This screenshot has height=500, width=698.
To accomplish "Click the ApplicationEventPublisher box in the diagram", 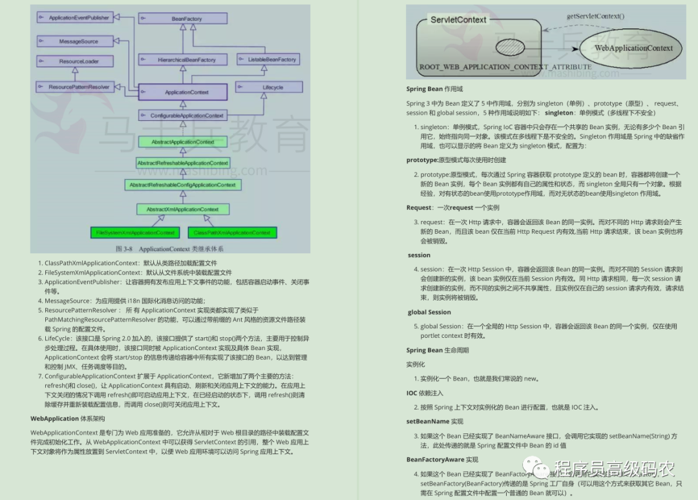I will click(74, 17).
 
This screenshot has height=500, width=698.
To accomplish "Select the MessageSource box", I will click(74, 41).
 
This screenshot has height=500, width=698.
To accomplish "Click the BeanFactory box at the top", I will click(187, 19).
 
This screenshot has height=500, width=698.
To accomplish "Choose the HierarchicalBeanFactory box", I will click(187, 60).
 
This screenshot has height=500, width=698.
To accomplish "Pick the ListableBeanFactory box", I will click(268, 59).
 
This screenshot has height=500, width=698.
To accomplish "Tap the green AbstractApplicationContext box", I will click(183, 141).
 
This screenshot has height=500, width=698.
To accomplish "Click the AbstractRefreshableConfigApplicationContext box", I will click(183, 185).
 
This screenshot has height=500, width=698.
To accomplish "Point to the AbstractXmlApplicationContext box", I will click(183, 209).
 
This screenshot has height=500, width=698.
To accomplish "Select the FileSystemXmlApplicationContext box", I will click(136, 233).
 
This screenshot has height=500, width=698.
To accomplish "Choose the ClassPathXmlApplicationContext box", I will click(232, 233).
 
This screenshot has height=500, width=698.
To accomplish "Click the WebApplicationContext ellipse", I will click(634, 48).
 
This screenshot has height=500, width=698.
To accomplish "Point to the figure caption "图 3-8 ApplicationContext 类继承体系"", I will click(169, 249).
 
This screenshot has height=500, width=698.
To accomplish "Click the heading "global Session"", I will click(429, 313).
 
